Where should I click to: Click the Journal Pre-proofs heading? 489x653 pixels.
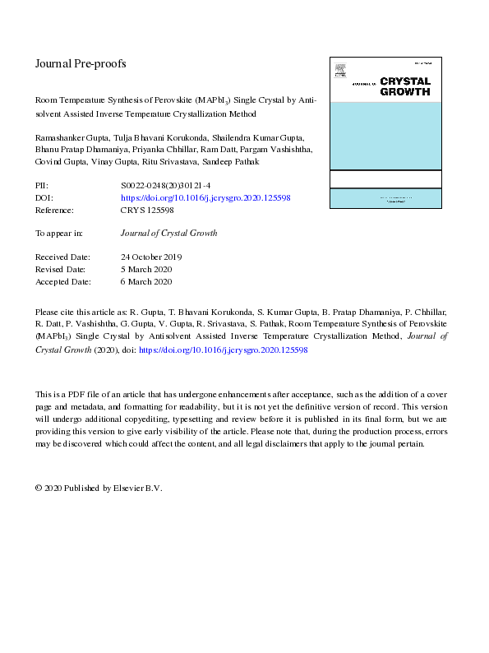click(81, 63)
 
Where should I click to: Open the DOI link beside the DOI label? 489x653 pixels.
click(205, 198)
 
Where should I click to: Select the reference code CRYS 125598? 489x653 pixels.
click(147, 210)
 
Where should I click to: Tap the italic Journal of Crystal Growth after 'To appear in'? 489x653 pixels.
click(168, 234)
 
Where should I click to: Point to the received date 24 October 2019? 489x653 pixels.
click(151, 257)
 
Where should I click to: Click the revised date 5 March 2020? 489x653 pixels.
click(145, 269)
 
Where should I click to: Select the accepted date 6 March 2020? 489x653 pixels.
click(145, 281)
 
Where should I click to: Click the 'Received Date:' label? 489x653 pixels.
click(63, 257)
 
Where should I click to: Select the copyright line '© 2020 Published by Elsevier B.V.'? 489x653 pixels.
click(99, 488)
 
